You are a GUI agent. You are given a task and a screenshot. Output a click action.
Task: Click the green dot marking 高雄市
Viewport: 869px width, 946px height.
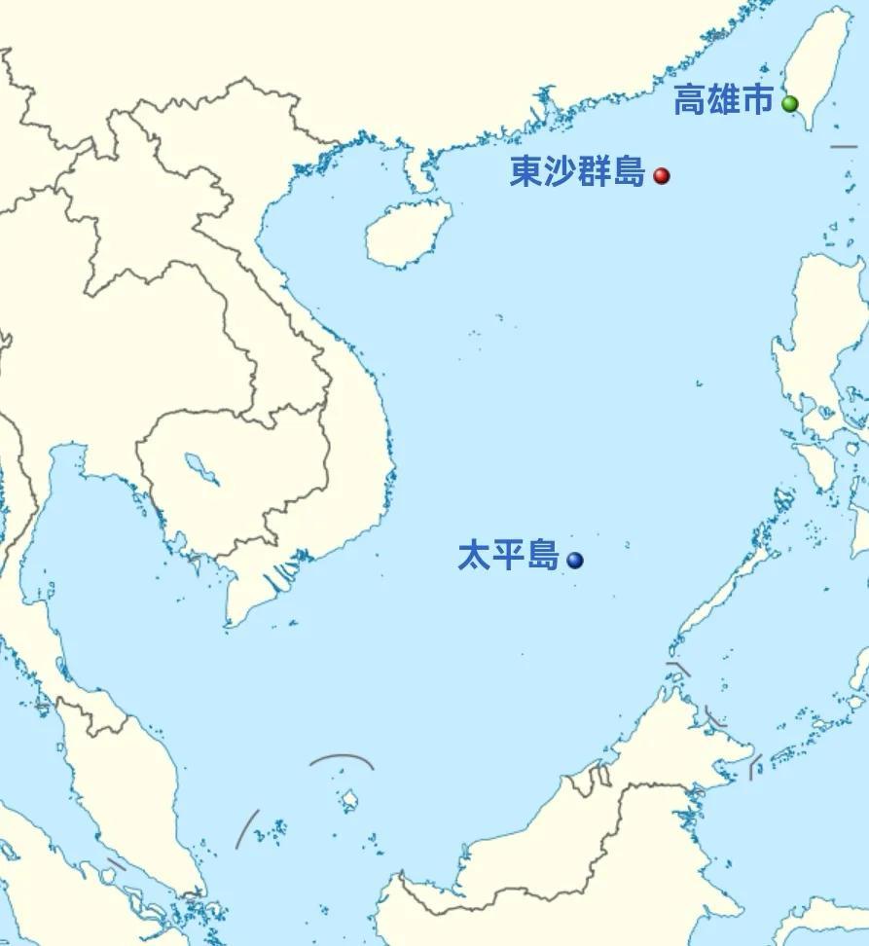click(x=790, y=104)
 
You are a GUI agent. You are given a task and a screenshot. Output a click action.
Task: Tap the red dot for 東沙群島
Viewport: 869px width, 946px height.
click(x=662, y=176)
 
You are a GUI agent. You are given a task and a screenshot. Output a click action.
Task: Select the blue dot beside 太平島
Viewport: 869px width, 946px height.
click(x=575, y=560)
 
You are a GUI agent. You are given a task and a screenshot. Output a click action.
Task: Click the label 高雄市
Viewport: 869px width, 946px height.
click(x=723, y=101)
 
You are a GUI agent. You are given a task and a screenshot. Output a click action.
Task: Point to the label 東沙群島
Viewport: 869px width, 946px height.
click(x=577, y=173)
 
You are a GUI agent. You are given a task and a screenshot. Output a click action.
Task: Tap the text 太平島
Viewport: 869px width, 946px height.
click(x=508, y=557)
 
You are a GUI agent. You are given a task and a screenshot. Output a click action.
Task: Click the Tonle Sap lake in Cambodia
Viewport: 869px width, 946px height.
click(x=202, y=467)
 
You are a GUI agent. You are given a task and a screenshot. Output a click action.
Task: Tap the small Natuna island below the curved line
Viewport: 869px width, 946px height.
click(x=349, y=800)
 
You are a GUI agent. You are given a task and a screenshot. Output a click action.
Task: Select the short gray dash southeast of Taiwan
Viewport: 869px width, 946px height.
click(x=844, y=147)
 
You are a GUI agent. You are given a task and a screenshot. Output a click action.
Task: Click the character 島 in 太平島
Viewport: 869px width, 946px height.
click(x=542, y=557)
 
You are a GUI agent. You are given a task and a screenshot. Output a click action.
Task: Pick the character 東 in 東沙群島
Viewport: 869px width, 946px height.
click(x=526, y=173)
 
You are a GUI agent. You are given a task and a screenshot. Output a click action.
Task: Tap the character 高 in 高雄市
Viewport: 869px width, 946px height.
click(x=690, y=101)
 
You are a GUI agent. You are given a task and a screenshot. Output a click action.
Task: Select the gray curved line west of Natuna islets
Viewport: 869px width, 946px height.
click(x=247, y=828)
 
